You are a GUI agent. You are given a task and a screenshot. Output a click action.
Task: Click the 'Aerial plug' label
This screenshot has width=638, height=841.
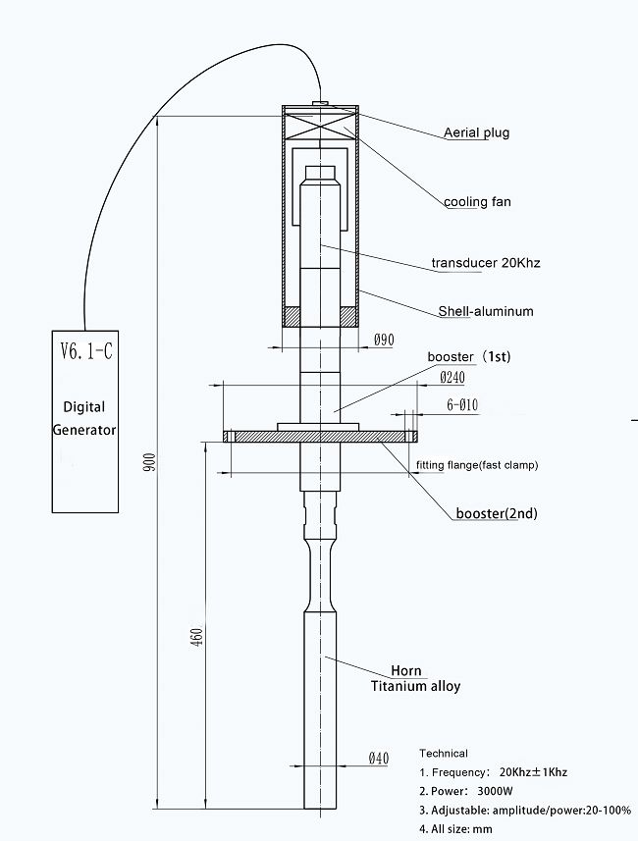tap(476, 132)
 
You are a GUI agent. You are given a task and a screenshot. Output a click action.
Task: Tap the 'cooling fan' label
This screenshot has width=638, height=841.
tap(477, 202)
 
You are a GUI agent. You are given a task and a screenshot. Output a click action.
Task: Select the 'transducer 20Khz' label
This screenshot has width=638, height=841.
tap(486, 263)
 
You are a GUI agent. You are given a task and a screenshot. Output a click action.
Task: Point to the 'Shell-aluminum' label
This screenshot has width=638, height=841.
tap(486, 311)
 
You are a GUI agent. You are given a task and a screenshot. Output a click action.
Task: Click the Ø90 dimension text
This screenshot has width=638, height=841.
tap(384, 340)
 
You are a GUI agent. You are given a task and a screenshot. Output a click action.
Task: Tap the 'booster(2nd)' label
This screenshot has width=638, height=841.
tap(497, 512)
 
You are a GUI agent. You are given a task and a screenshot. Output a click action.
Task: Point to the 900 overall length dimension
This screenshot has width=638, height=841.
tap(149, 462)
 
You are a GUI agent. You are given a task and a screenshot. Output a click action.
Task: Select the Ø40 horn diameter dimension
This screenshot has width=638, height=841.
tap(381, 758)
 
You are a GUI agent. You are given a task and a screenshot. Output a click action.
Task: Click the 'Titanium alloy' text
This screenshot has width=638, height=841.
tap(415, 686)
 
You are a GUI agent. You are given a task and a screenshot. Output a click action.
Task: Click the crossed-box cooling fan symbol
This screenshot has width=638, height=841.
tap(319, 123)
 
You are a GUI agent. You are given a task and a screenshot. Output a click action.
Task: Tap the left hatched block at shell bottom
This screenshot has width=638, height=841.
tap(292, 317)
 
